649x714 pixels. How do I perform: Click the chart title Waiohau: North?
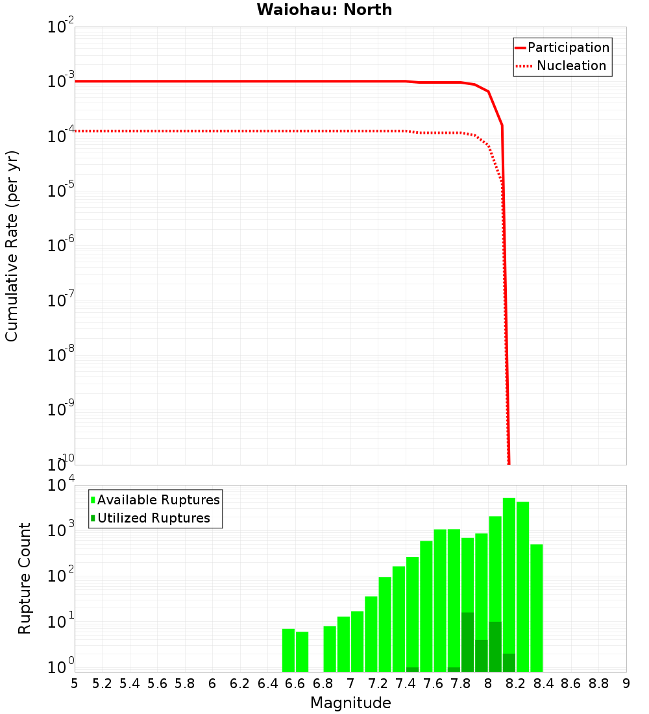324,10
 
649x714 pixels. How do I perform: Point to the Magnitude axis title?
350,703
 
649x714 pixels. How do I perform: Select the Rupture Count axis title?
25,578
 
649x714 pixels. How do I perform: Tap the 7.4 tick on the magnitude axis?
406,683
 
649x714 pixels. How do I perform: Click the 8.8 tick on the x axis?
598,683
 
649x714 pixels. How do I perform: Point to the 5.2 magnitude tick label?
102,683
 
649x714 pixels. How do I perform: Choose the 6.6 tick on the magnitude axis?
295,683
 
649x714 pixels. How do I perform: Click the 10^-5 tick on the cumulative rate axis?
61,192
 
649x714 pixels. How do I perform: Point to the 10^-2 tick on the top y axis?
61,28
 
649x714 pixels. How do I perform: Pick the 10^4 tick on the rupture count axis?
61,486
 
